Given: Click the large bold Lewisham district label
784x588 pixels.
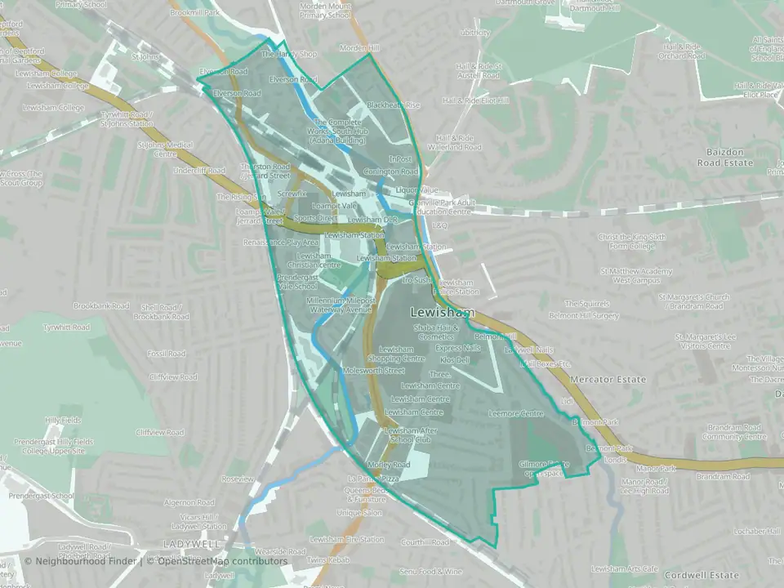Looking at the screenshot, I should click(x=442, y=314).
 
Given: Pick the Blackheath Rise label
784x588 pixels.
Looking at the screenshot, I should click(x=393, y=105).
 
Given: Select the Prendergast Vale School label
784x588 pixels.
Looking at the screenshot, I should click(x=296, y=282).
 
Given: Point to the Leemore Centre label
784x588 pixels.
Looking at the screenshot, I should click(x=516, y=414).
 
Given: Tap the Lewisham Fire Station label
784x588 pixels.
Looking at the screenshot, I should click(x=348, y=540).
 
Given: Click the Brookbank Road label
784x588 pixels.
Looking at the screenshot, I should click(x=101, y=306).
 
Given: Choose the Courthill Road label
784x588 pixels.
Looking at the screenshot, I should click(x=425, y=541).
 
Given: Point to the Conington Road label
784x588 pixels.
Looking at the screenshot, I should click(x=391, y=172).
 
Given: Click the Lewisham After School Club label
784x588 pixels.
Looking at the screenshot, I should click(x=412, y=434).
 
